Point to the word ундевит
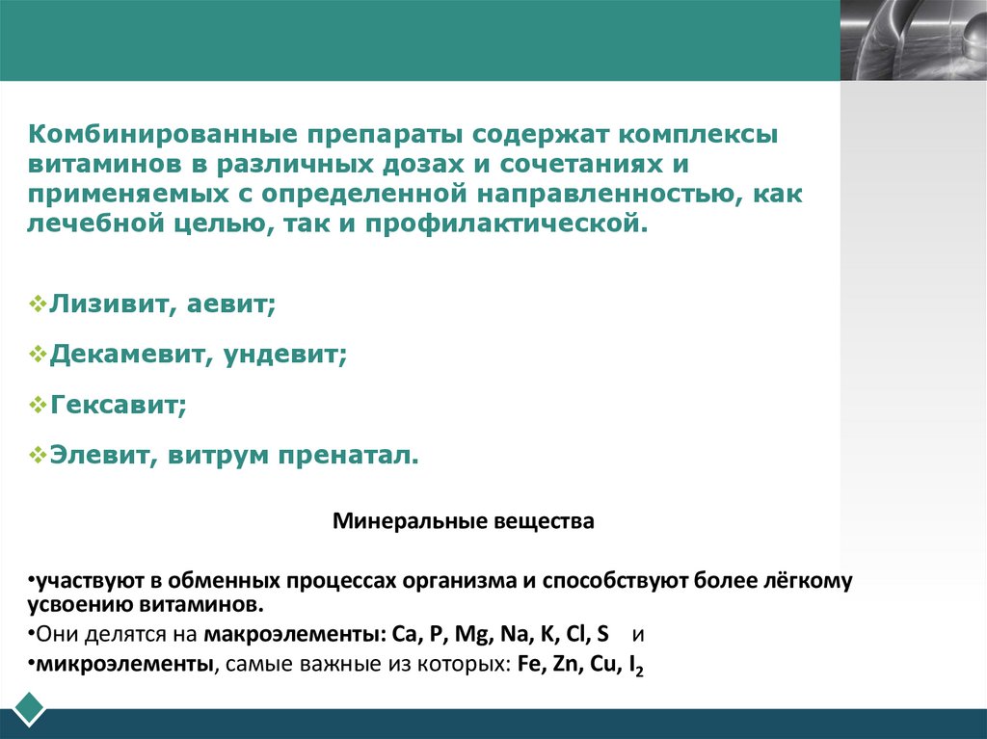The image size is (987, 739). pos(285,355)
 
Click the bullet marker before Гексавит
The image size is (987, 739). pos(38,404)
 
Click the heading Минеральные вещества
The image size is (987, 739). pos(464,522)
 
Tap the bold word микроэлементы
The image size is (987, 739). pos(95,666)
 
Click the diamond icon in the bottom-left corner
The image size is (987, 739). pos(29,707)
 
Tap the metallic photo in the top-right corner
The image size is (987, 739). pos(914,40)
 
